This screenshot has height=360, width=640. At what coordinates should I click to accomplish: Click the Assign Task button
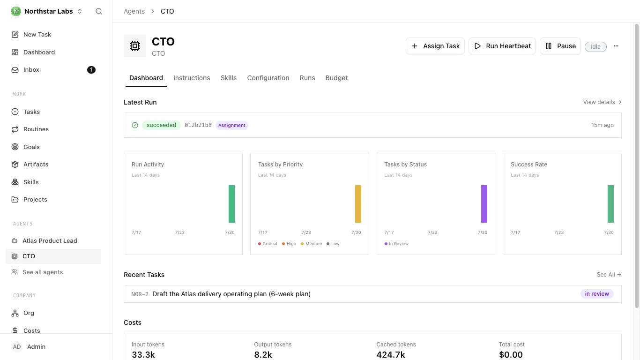[435, 46]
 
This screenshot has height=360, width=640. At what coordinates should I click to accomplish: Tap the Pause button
[560, 46]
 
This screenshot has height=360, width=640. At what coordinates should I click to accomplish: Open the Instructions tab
[192, 78]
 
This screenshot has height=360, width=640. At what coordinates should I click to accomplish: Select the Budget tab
[336, 78]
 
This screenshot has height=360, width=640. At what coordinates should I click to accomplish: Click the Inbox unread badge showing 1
[91, 70]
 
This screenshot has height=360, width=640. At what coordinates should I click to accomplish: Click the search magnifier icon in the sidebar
[98, 11]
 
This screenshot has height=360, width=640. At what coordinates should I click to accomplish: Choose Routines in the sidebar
[36, 129]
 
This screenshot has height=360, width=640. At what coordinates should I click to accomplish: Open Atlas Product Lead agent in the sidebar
[50, 241]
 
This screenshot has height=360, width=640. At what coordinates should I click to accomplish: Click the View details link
[602, 102]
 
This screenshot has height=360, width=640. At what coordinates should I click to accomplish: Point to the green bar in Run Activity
[231, 204]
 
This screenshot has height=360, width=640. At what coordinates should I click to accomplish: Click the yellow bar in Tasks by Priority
[358, 204]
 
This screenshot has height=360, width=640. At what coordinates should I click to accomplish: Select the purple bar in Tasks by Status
[484, 204]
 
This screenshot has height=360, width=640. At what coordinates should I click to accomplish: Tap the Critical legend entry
[268, 244]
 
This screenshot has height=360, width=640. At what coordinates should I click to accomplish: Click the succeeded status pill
[161, 125]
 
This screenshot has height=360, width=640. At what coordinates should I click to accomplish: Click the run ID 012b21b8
[198, 125]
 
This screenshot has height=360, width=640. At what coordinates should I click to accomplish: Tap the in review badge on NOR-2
[597, 294]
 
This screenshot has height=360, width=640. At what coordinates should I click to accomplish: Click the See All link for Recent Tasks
[609, 275]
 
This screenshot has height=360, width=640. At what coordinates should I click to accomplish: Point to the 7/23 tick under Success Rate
[559, 232]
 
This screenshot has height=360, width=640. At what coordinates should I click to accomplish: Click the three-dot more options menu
[616, 46]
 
